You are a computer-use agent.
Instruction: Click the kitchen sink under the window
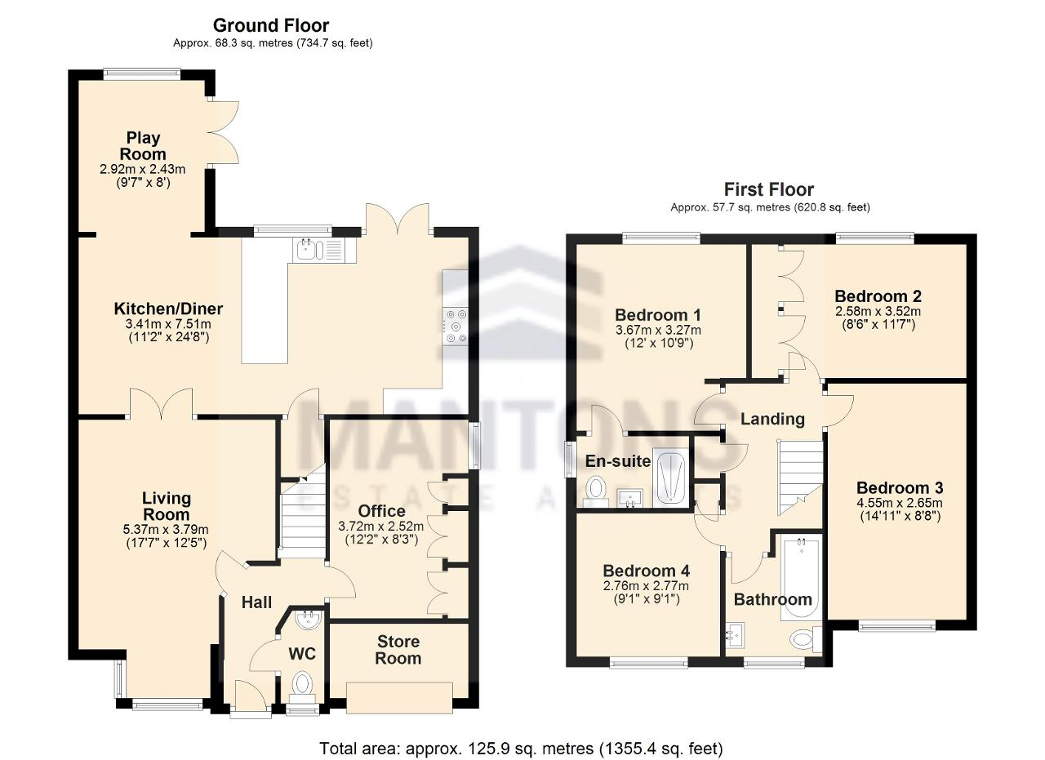(x=324, y=250)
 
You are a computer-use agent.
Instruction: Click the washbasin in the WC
(x=308, y=619)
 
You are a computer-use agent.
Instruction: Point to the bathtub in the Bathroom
(x=801, y=579)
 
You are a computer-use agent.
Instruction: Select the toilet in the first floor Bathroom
(x=806, y=639)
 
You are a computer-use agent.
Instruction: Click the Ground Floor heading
(x=271, y=25)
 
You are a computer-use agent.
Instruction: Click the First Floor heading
(x=769, y=189)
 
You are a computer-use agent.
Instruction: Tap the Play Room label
(x=143, y=146)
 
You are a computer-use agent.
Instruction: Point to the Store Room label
(x=398, y=650)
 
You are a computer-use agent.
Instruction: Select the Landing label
(x=772, y=419)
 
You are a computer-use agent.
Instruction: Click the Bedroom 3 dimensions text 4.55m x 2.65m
(x=900, y=504)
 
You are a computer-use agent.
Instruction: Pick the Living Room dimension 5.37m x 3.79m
(x=166, y=530)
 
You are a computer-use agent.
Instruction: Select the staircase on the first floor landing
(x=800, y=478)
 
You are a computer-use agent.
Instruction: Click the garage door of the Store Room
(x=399, y=697)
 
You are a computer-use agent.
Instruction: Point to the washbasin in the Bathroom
(x=736, y=635)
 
